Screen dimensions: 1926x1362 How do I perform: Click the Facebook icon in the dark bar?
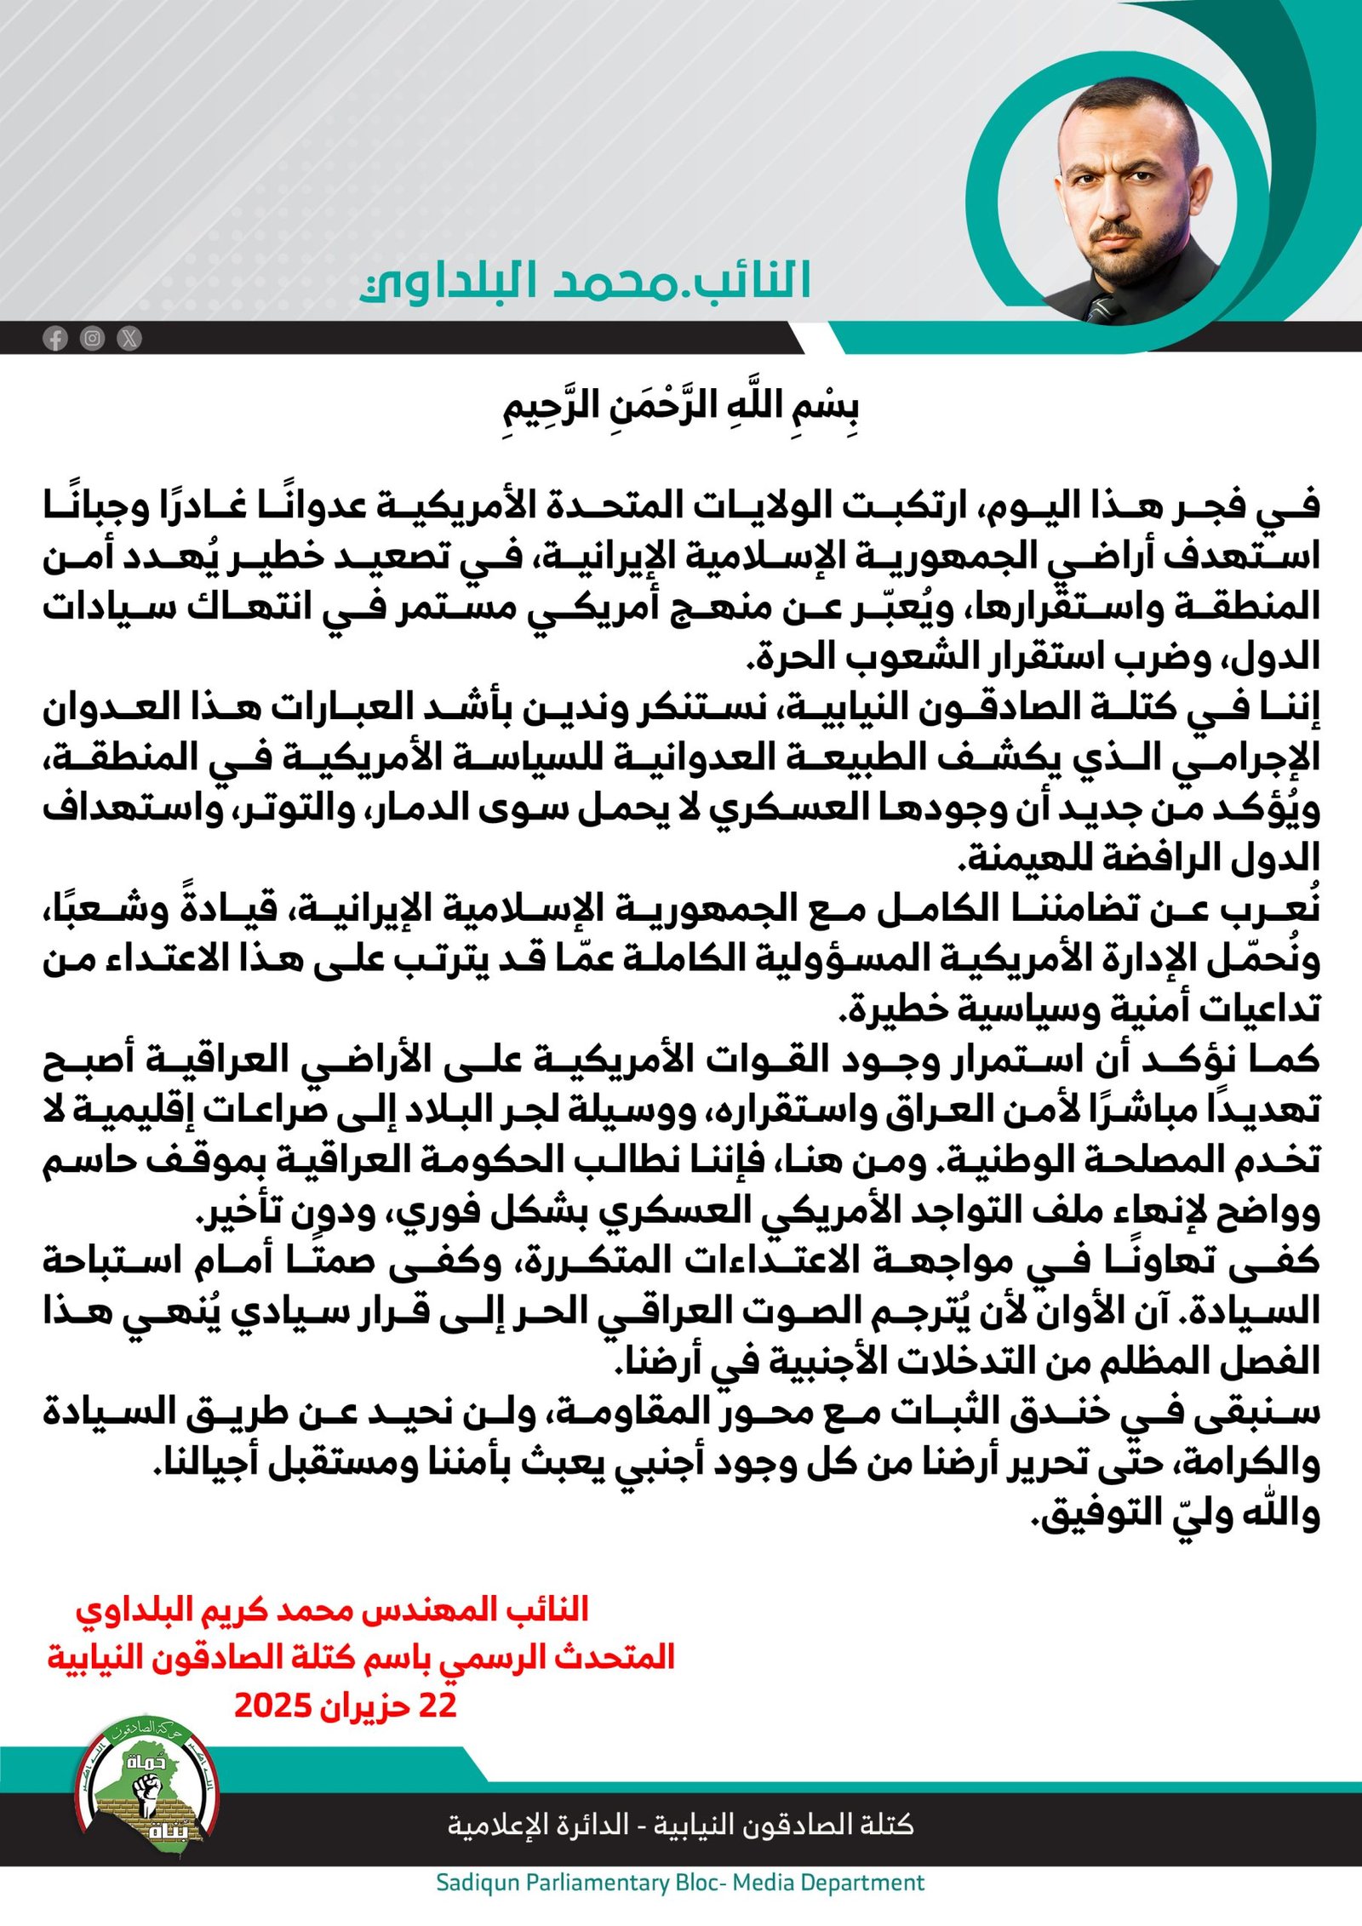tap(55, 339)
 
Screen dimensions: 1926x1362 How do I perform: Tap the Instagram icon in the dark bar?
tap(92, 339)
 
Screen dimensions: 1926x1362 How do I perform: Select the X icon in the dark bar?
tap(129, 339)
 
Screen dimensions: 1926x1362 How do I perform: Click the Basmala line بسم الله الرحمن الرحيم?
tap(680, 409)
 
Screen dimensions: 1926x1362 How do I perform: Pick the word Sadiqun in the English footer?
tap(478, 1882)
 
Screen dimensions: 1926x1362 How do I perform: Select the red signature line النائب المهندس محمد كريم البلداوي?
tap(332, 1609)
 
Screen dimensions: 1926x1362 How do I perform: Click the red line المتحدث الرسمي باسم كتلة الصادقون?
tap(361, 1657)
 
